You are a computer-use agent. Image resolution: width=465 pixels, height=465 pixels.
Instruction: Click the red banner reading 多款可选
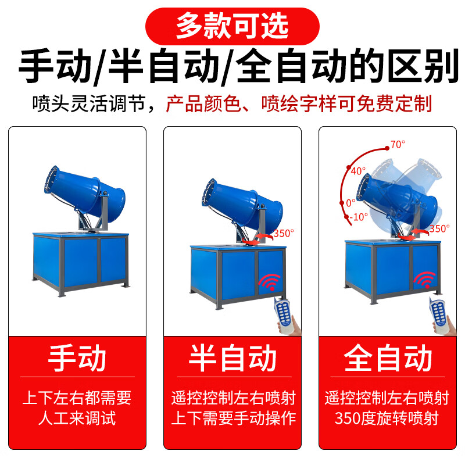pyautogui.click(x=232, y=25)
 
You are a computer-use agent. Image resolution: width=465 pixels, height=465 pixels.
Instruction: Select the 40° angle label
pyautogui.click(x=358, y=171)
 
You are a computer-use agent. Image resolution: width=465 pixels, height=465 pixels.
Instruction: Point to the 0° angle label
pyautogui.click(x=350, y=203)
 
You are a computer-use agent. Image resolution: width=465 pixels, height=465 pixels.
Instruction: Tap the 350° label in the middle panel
pyautogui.click(x=284, y=233)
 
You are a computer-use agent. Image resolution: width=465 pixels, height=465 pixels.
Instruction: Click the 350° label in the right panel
pyautogui.click(x=439, y=228)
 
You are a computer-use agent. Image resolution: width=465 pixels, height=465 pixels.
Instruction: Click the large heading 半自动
pyautogui.click(x=233, y=359)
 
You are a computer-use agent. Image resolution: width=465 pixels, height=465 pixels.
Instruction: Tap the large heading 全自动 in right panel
pyautogui.click(x=388, y=359)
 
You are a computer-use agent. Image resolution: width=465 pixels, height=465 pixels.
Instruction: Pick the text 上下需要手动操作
pyautogui.click(x=233, y=417)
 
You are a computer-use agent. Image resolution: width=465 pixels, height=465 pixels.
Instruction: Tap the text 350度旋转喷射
pyautogui.click(x=387, y=417)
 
